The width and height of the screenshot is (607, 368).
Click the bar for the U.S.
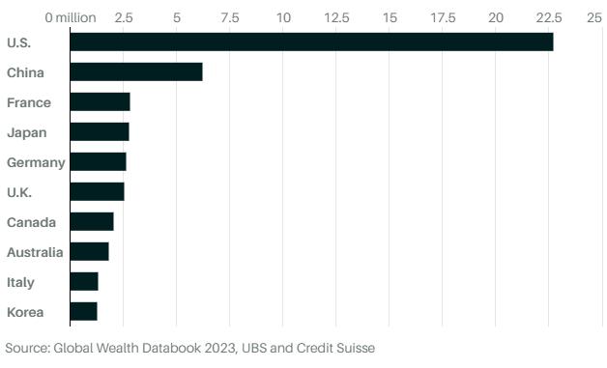[x=311, y=42]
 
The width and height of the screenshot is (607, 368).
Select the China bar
[x=136, y=72]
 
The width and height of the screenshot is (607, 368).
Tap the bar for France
[x=100, y=101]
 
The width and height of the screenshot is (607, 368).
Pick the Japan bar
[x=100, y=132]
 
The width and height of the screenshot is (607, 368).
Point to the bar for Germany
[x=98, y=161]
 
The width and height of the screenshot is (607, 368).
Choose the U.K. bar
[x=98, y=191]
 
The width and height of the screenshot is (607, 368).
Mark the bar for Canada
[x=92, y=222]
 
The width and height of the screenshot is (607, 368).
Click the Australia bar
[x=90, y=251]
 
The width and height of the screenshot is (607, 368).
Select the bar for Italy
[x=84, y=281]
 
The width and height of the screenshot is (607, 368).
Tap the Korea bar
[x=84, y=312]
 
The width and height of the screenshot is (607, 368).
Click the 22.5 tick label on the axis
[x=549, y=17]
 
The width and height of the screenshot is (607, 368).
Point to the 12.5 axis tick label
[x=336, y=17]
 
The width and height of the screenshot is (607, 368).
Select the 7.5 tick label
[x=230, y=17]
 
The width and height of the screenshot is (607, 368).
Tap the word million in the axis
[x=75, y=17]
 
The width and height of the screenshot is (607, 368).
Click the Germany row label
[x=36, y=163]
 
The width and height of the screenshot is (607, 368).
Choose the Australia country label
[x=35, y=252]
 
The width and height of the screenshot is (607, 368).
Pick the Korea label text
[x=25, y=312]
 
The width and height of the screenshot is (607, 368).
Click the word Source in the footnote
[x=27, y=348]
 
